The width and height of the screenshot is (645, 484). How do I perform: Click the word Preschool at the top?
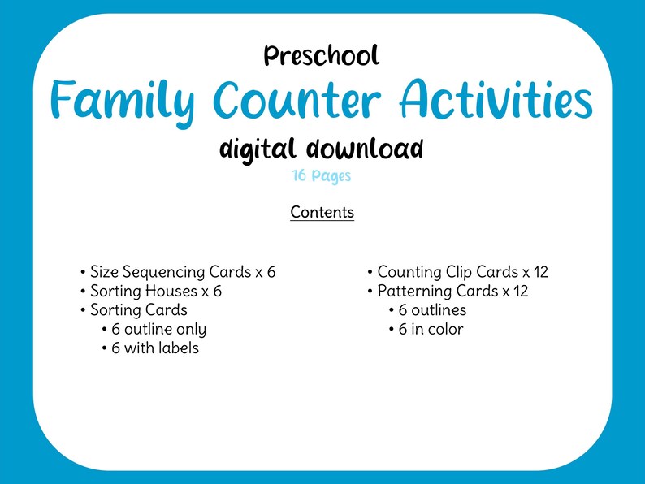(322, 55)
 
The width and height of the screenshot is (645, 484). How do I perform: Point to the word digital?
(259, 149)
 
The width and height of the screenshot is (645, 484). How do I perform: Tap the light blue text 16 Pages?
(322, 175)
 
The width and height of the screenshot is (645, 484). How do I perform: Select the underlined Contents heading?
(322, 213)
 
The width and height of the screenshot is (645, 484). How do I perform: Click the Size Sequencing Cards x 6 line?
(183, 272)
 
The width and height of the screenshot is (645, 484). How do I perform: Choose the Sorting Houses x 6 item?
(156, 291)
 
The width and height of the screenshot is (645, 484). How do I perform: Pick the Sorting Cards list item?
(139, 310)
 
